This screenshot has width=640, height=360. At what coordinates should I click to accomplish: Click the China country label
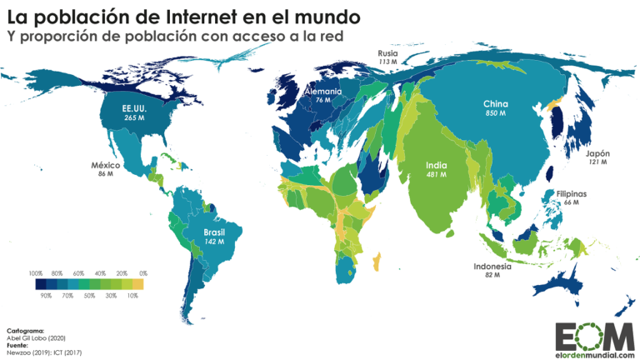coord(496,104)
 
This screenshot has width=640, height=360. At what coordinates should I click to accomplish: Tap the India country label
coord(436,164)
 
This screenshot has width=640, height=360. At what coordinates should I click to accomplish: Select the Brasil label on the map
coord(215,232)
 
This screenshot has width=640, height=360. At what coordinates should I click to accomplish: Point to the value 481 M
coord(436,175)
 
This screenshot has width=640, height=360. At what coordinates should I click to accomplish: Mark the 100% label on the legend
coord(35,273)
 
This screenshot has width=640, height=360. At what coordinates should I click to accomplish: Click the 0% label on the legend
coord(142,273)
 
